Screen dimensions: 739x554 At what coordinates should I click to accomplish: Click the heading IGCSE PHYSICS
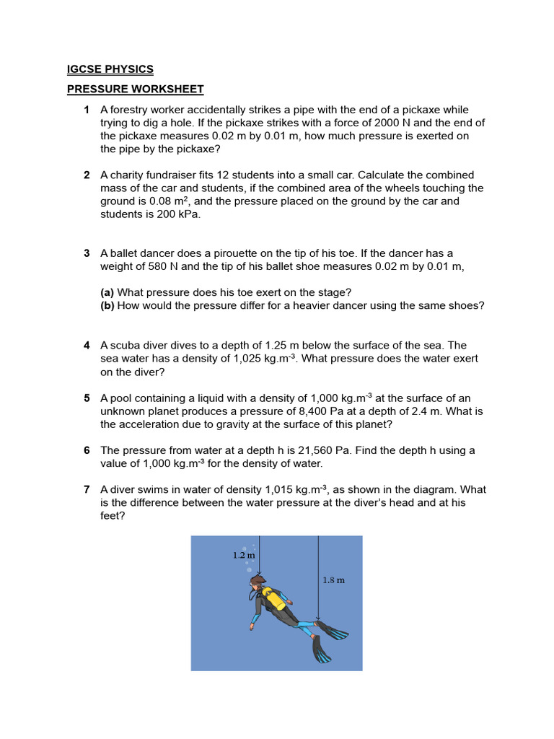click(110, 69)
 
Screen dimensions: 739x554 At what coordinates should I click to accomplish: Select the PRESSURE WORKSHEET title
click(136, 89)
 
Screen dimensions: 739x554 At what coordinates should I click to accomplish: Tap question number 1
click(87, 110)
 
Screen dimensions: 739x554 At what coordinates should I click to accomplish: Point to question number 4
click(87, 346)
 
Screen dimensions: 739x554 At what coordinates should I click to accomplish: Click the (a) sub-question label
click(107, 292)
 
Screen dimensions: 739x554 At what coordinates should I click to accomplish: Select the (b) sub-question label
click(107, 305)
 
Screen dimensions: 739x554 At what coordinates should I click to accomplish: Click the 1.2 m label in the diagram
click(244, 555)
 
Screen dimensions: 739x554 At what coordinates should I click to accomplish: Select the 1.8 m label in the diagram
click(333, 580)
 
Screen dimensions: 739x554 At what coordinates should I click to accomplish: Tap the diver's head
click(257, 585)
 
